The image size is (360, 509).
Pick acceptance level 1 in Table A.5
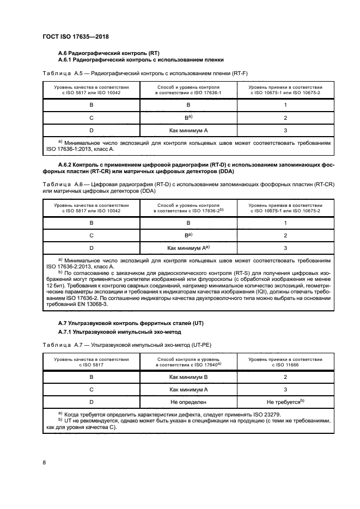click(285, 105)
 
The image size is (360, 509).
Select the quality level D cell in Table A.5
click(91, 131)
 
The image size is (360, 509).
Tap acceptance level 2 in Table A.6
click(285, 235)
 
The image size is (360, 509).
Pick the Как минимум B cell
click(188, 377)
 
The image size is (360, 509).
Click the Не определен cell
click(188, 402)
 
